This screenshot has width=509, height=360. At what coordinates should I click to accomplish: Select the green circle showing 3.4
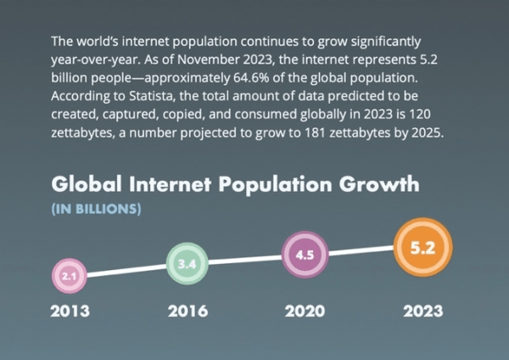pyautogui.click(x=187, y=264)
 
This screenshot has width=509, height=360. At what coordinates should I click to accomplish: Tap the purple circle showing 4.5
pyautogui.click(x=304, y=255)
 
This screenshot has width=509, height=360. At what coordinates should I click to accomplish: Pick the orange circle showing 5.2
pyautogui.click(x=422, y=248)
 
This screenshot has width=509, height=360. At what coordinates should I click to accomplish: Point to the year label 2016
pyautogui.click(x=187, y=311)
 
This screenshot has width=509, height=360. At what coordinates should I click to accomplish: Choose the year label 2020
pyautogui.click(x=304, y=311)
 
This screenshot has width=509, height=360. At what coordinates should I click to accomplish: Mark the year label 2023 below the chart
pyautogui.click(x=422, y=311)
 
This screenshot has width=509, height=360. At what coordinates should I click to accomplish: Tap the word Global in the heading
pyautogui.click(x=88, y=185)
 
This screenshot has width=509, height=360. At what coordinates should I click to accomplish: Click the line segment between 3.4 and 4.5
pyautogui.click(x=245, y=260)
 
